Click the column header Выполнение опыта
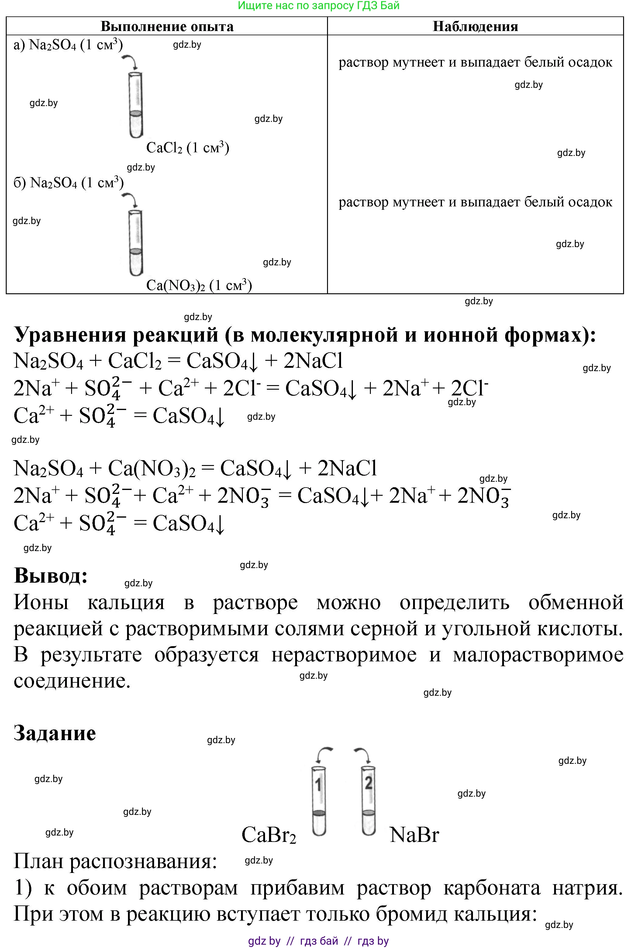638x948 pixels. tap(167, 26)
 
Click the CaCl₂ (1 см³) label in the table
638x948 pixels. tap(188, 148)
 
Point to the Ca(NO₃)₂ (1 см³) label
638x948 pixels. tap(199, 286)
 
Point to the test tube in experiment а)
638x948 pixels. tap(136, 105)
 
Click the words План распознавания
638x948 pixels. tap(115, 862)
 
